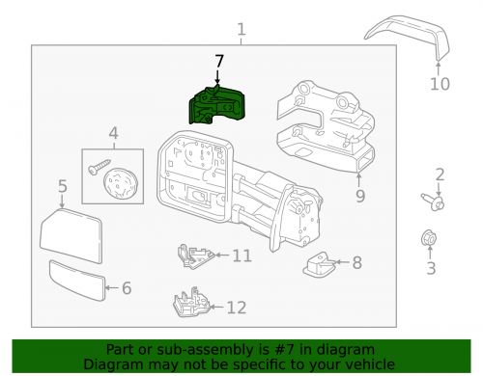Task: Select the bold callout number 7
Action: tap(219, 60)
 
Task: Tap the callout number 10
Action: tap(440, 85)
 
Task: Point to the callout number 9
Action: tap(359, 198)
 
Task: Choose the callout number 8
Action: tap(356, 261)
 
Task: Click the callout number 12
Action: tap(236, 308)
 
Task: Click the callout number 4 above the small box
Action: tap(113, 132)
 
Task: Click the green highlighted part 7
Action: tap(217, 106)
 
